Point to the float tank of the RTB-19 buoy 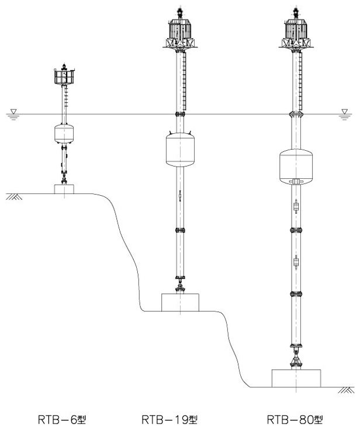(x=180, y=150)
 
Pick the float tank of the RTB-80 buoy (x=296, y=166)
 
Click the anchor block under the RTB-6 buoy (x=64, y=189)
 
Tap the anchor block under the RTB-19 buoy (x=180, y=302)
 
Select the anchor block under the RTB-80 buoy (x=296, y=378)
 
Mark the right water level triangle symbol (x=345, y=112)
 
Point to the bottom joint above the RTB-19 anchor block (x=180, y=287)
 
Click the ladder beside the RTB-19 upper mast (x=185, y=82)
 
